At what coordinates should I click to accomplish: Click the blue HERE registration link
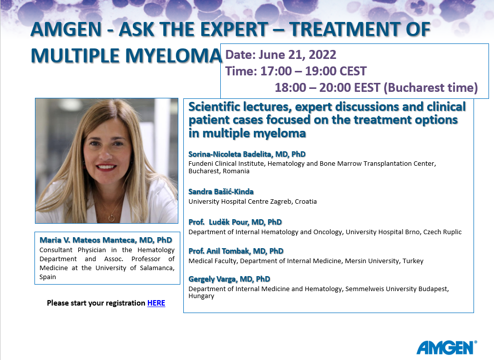point(156,303)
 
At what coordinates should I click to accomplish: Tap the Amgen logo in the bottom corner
point(447,348)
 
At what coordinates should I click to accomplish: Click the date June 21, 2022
point(297,55)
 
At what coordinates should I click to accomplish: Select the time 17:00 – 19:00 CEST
point(314,71)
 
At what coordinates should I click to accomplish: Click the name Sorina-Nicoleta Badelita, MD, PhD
point(247,154)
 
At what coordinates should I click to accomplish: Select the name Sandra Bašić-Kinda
point(221,192)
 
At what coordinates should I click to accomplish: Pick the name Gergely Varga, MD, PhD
point(229,279)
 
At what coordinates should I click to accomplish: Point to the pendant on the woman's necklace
point(111,218)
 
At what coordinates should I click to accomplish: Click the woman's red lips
point(106,167)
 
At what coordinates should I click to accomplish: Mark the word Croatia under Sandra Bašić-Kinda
point(306,202)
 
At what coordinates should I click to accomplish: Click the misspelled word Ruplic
point(452,232)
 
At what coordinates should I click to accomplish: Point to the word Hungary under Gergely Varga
point(201,296)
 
